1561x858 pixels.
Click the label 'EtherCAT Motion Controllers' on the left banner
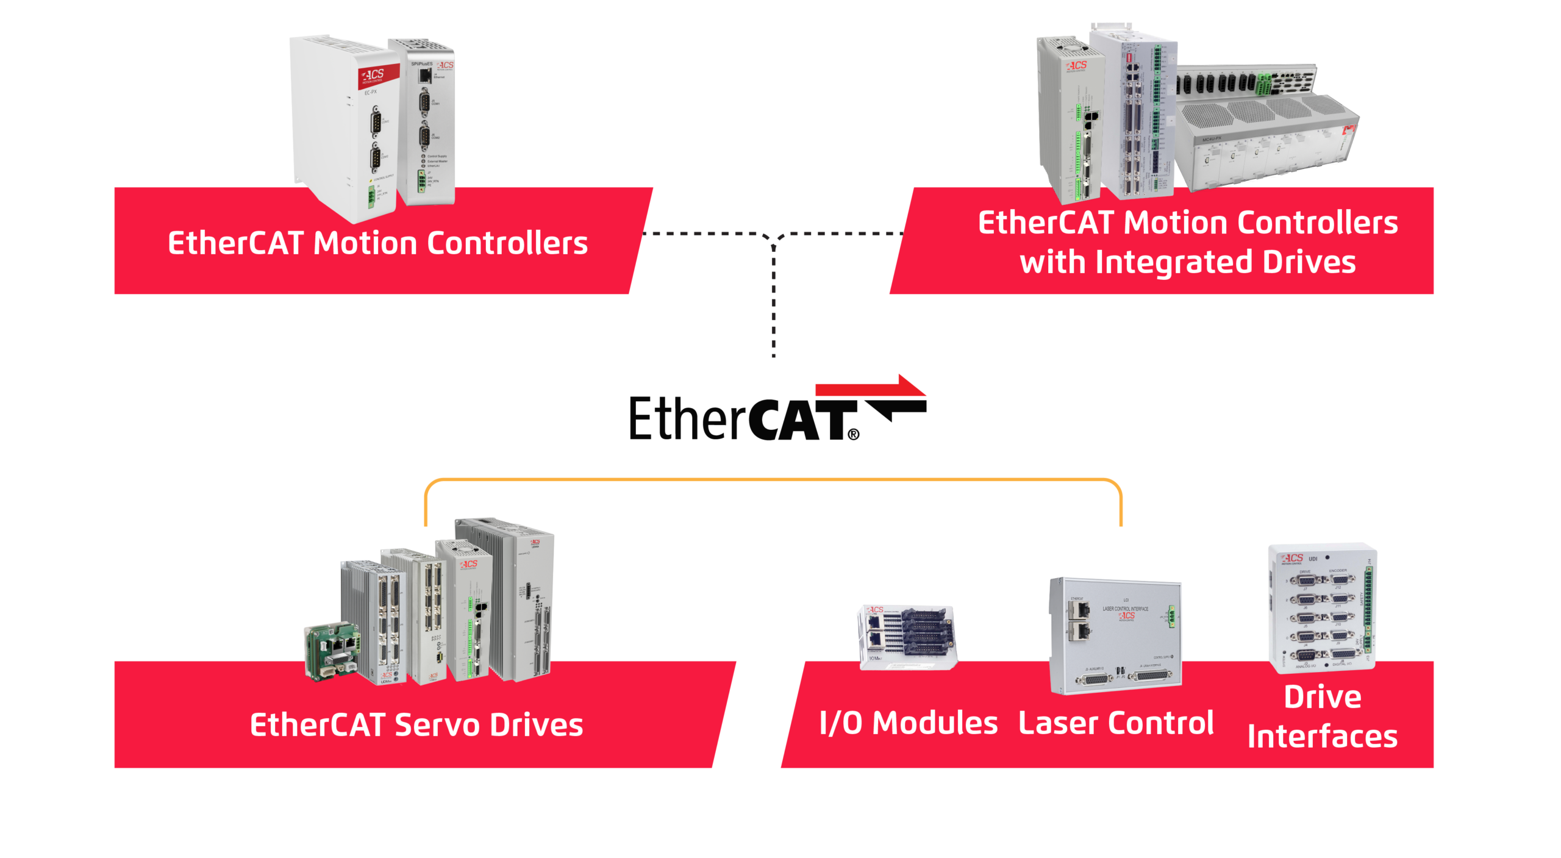pos(377,243)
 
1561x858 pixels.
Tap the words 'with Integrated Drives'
pos(1187,262)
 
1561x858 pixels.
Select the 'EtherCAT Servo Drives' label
pos(416,725)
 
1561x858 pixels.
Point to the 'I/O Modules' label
pos(909,723)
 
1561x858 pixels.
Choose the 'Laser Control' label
pos(1116,723)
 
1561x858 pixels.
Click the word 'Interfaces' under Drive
pos(1322,737)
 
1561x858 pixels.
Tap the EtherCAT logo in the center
pos(762,418)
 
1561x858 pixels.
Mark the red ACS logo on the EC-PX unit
pos(373,77)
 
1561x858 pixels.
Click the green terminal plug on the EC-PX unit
pos(370,196)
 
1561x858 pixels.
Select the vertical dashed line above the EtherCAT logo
pos(774,299)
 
